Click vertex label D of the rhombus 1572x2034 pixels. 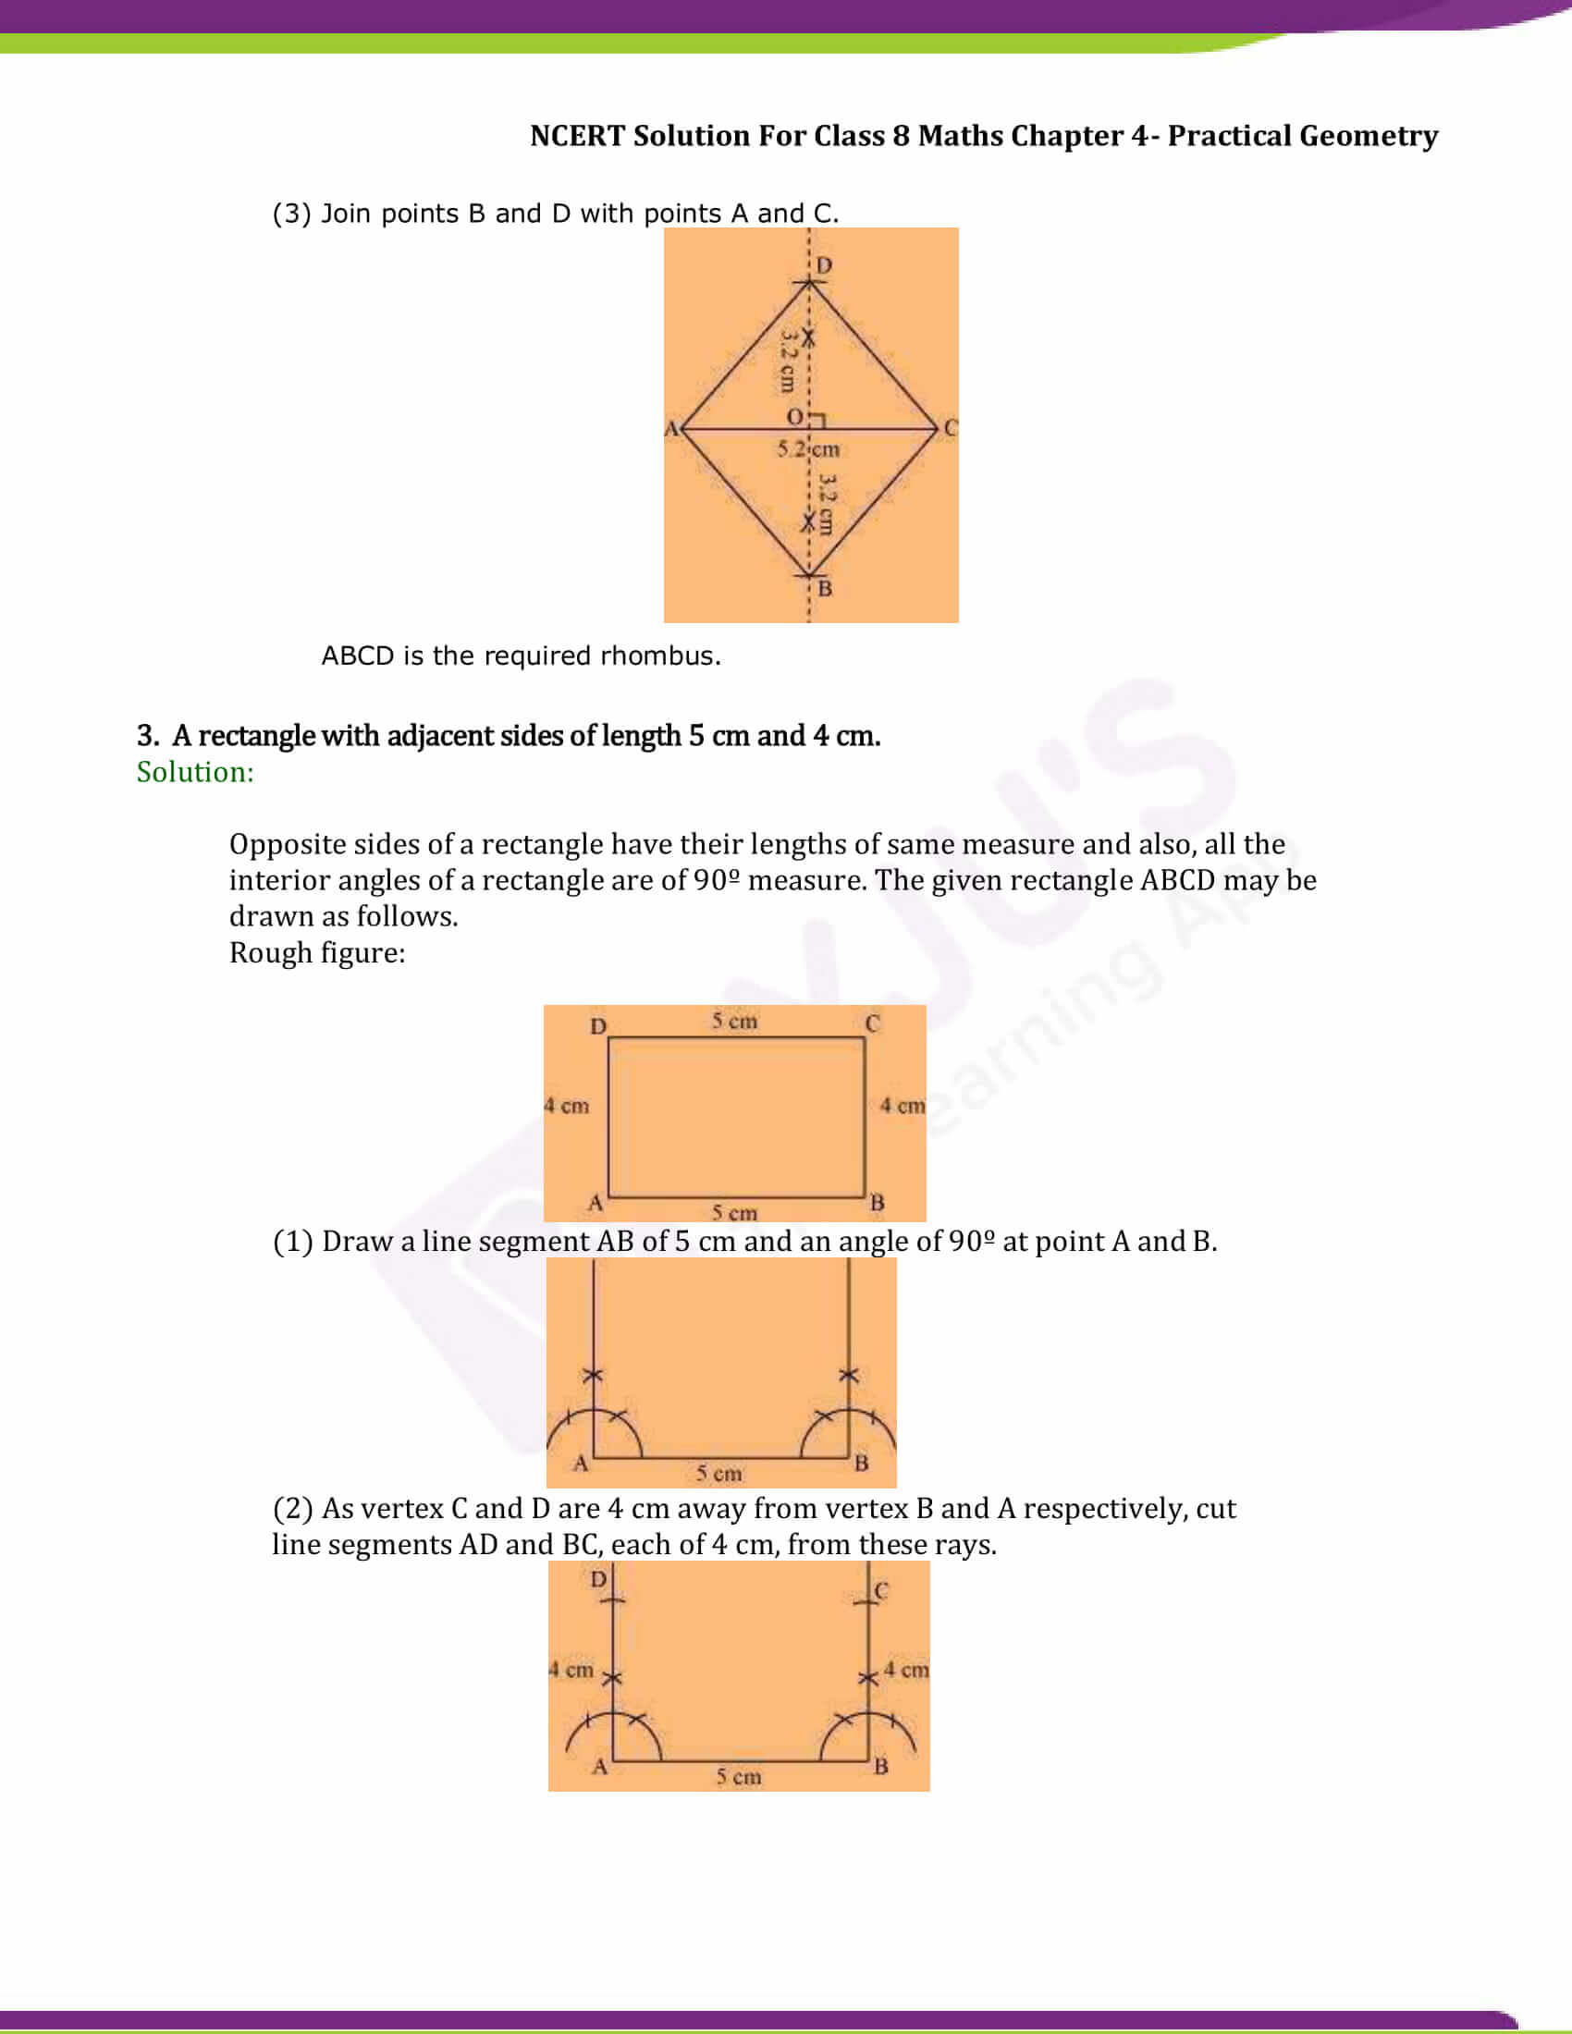pos(823,265)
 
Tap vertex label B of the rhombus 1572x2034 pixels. pos(824,589)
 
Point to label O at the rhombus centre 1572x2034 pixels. pos(794,416)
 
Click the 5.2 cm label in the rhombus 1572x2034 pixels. pos(808,449)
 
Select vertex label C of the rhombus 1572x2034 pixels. pos(950,427)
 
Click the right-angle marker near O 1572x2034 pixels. pos(817,421)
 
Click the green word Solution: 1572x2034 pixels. pos(194,772)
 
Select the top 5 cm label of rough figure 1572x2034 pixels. pos(735,1022)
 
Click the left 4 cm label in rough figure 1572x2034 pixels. pos(567,1106)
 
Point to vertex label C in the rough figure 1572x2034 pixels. pos(872,1023)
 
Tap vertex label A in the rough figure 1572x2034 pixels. pos(596,1202)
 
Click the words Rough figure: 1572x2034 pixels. pos(316,952)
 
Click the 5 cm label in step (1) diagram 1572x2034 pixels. pos(718,1474)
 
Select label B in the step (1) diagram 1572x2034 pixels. pos(862,1464)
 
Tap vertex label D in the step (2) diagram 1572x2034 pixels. pos(598,1579)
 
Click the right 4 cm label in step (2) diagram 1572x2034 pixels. pos(906,1670)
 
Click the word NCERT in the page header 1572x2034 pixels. pos(576,136)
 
